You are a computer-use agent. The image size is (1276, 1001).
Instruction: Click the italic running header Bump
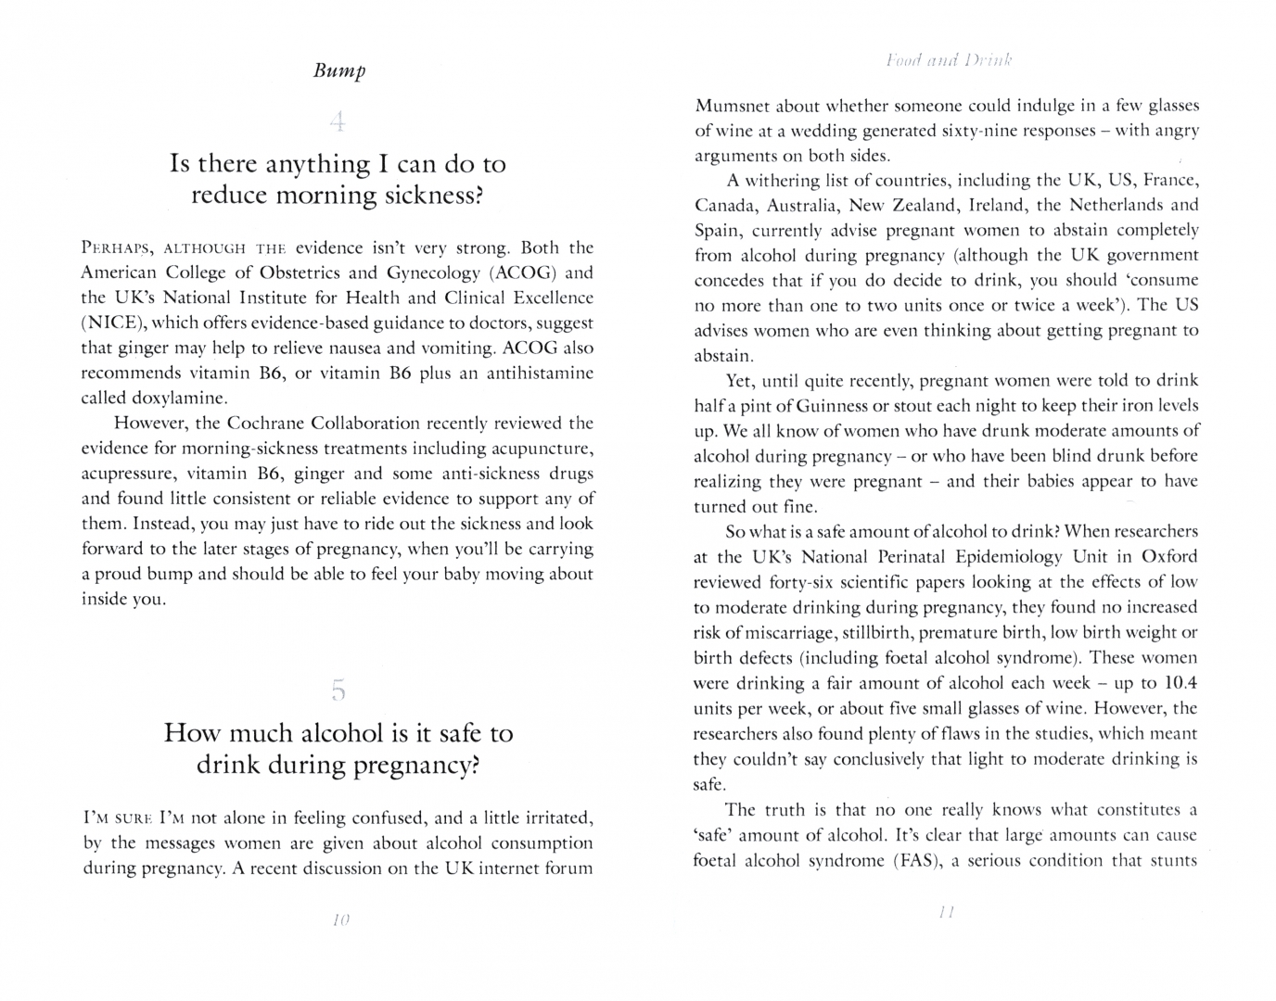pyautogui.click(x=339, y=70)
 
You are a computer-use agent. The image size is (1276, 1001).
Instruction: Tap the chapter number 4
pyautogui.click(x=338, y=120)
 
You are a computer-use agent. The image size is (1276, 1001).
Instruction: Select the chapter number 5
pyautogui.click(x=338, y=690)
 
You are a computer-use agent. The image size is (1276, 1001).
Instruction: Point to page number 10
pyautogui.click(x=339, y=919)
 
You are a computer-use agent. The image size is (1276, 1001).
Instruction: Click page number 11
pyautogui.click(x=946, y=912)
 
